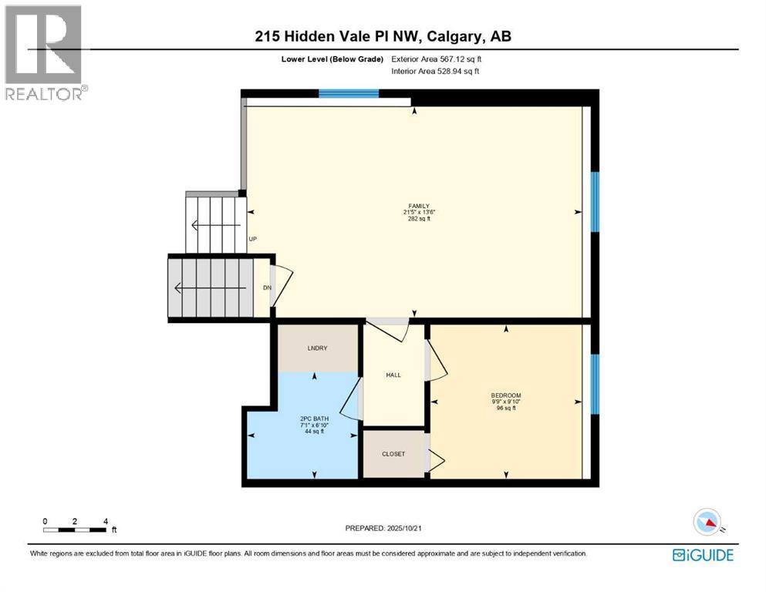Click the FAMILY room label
415,205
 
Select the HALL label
393,375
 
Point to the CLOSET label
393,454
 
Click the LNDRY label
317,348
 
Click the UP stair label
252,239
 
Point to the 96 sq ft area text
506,408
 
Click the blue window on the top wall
349,94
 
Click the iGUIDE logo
703,554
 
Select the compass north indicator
708,523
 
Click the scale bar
76,530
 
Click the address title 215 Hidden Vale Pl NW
383,36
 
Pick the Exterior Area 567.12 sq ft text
440,59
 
